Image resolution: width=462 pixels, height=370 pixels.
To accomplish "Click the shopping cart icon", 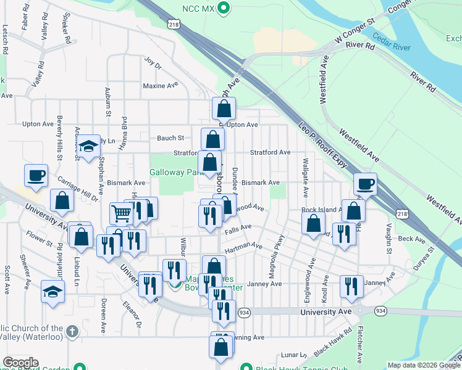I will click(x=122, y=213).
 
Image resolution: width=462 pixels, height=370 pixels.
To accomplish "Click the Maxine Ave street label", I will click(x=160, y=86).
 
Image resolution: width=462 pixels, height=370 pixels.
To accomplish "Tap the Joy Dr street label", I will click(x=152, y=63).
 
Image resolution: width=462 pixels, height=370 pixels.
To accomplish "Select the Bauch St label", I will click(x=170, y=138).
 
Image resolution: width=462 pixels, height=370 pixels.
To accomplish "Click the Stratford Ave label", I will click(x=270, y=152).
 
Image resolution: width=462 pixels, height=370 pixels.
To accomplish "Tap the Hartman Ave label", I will click(x=243, y=248).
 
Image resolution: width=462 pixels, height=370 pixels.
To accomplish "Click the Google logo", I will click(x=21, y=363).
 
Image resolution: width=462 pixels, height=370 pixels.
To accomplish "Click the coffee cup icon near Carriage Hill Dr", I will click(x=36, y=175).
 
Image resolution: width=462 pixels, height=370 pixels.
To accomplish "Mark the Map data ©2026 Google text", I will click(x=423, y=365).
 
